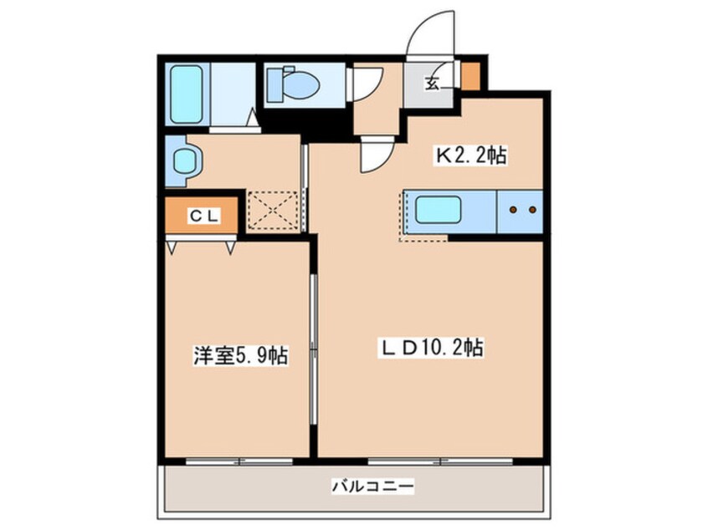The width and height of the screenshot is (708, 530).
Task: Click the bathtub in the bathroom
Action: (x=187, y=94)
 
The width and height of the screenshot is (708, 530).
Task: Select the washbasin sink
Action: (x=185, y=161)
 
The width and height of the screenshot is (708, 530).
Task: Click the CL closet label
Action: (x=204, y=216)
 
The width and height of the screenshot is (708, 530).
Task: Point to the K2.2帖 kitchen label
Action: (x=470, y=155)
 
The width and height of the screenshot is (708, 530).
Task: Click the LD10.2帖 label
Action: (x=431, y=348)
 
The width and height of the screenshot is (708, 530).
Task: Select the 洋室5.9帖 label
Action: (x=241, y=355)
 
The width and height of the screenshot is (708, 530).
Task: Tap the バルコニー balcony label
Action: (x=373, y=487)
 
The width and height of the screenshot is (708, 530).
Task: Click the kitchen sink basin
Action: (x=438, y=209)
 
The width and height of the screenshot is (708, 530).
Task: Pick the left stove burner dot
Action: (x=513, y=210)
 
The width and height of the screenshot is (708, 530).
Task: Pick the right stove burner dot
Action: (x=533, y=210)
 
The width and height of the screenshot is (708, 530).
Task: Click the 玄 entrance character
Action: (x=432, y=83)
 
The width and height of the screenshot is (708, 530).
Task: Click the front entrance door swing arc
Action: (x=420, y=23)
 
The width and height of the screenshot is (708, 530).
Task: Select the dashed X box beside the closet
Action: (x=273, y=210)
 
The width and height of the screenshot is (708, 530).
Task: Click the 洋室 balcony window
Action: (x=239, y=461)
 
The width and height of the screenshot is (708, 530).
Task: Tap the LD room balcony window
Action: (x=440, y=461)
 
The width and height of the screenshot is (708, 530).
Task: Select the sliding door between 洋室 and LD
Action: (x=313, y=349)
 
